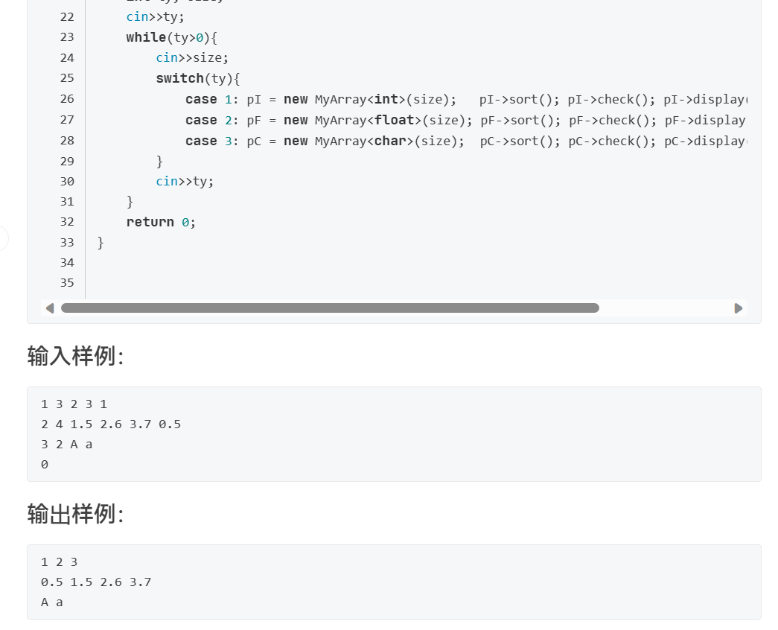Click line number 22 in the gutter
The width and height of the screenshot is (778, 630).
(x=67, y=16)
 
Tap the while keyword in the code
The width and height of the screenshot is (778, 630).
(x=145, y=37)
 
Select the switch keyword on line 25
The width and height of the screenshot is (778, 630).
(x=179, y=78)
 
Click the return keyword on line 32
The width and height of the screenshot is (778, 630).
(x=150, y=222)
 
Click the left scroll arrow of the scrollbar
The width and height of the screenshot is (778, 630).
(x=50, y=308)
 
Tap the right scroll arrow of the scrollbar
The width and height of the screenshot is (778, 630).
(x=739, y=308)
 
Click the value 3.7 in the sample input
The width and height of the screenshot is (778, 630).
(x=140, y=424)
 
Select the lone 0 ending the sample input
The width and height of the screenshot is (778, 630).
(x=45, y=465)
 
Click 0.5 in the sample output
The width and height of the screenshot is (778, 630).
(x=51, y=582)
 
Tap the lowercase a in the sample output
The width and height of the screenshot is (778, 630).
(x=60, y=602)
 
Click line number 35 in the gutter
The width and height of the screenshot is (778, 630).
(x=67, y=283)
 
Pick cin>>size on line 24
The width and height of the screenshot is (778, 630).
(x=192, y=58)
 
